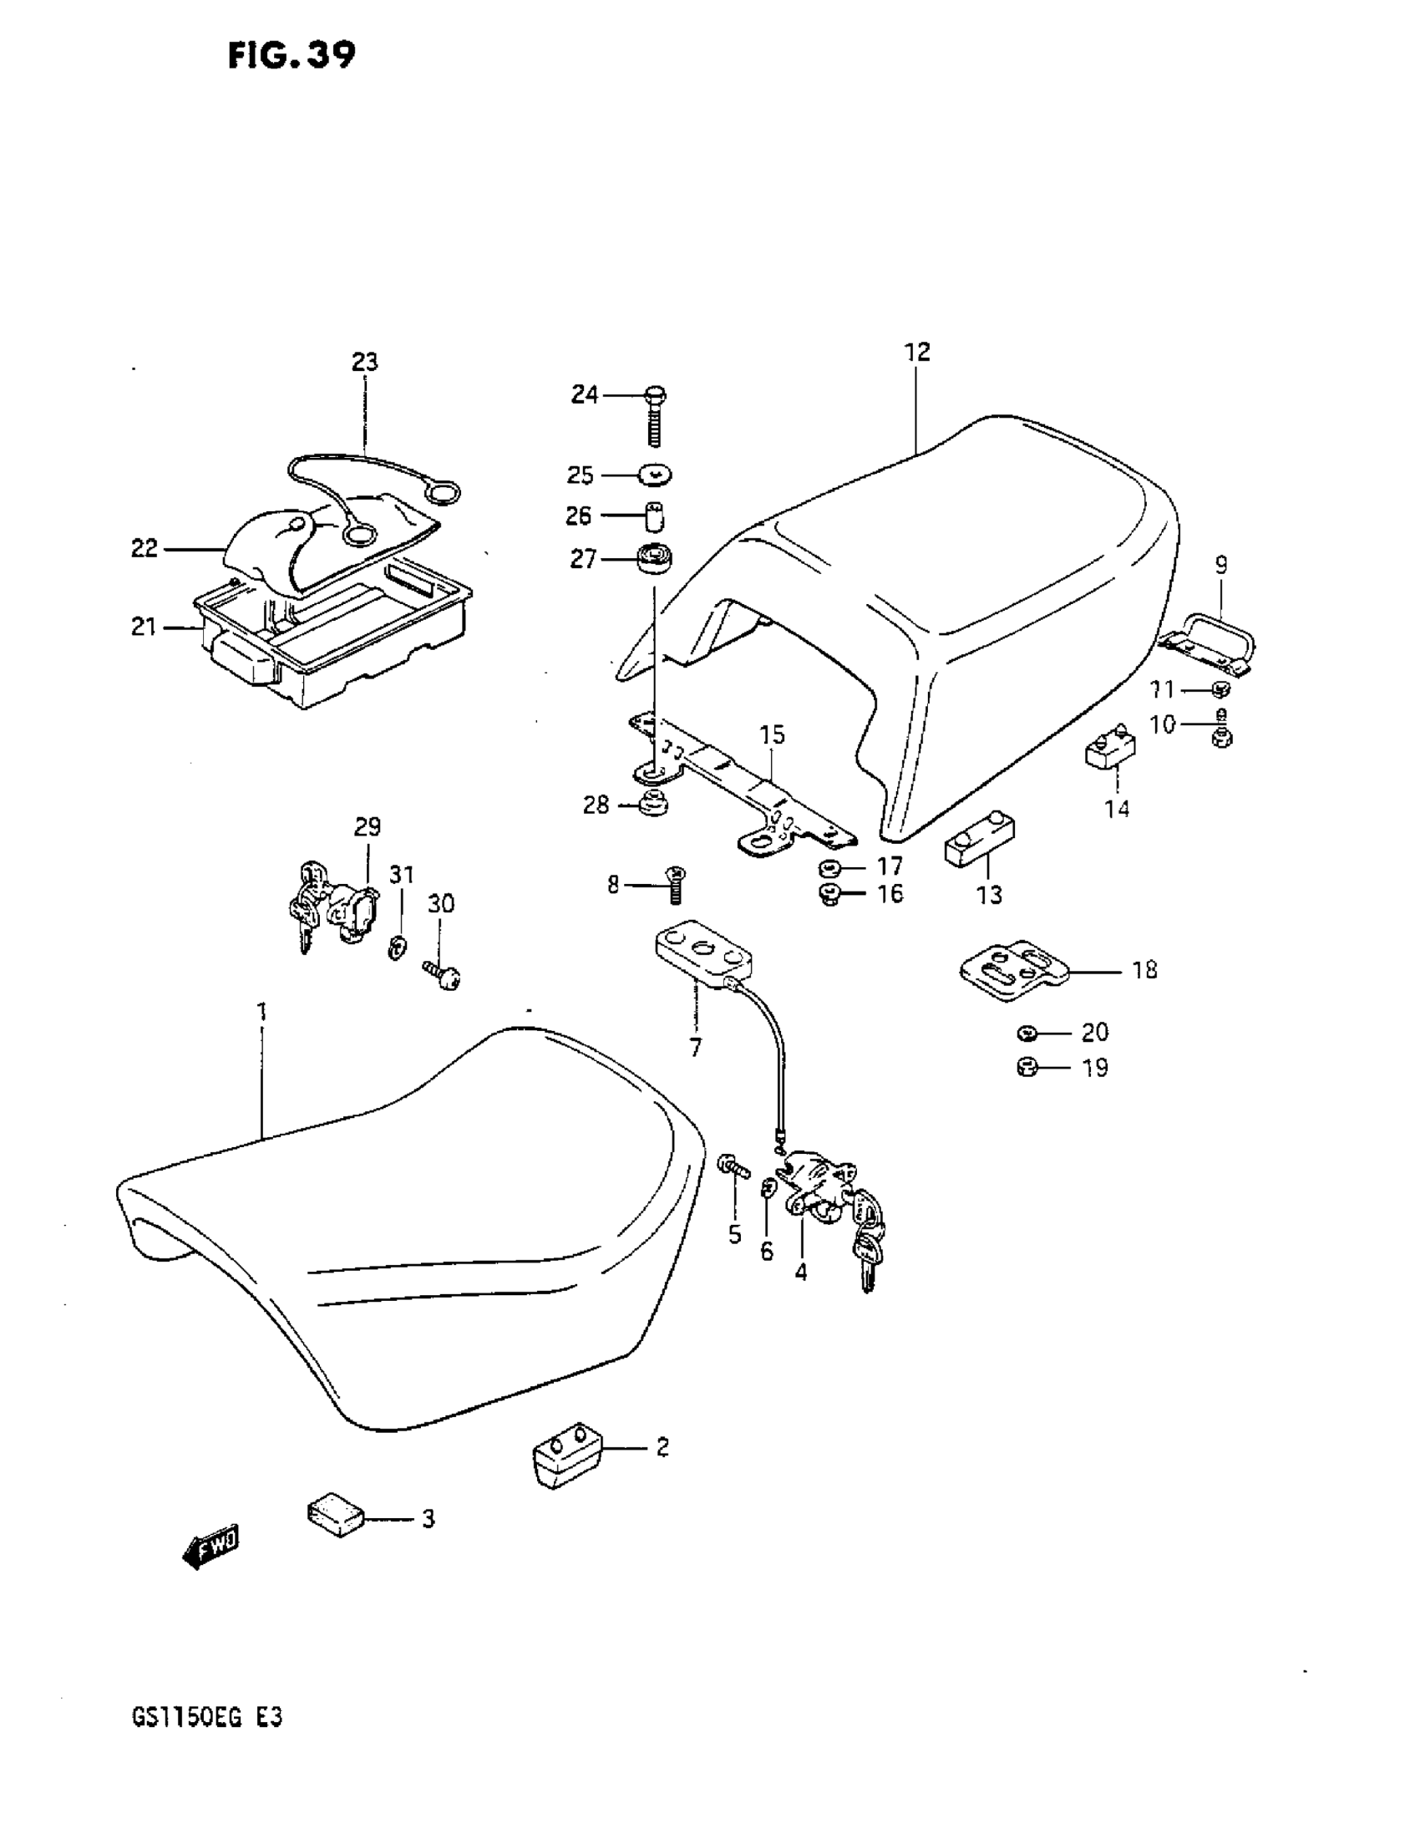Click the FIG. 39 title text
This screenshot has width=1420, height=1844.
tap(292, 56)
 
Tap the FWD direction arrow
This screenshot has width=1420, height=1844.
tap(211, 1547)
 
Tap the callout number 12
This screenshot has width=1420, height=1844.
tap(917, 352)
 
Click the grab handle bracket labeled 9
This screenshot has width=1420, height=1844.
tap(1210, 643)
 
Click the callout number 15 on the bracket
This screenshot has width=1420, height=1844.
tap(772, 734)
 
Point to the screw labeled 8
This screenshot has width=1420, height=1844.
tap(676, 885)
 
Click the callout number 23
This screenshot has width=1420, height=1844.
tap(365, 363)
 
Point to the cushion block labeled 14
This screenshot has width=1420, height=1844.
tap(1109, 748)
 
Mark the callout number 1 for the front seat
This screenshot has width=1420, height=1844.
tap(261, 1011)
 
